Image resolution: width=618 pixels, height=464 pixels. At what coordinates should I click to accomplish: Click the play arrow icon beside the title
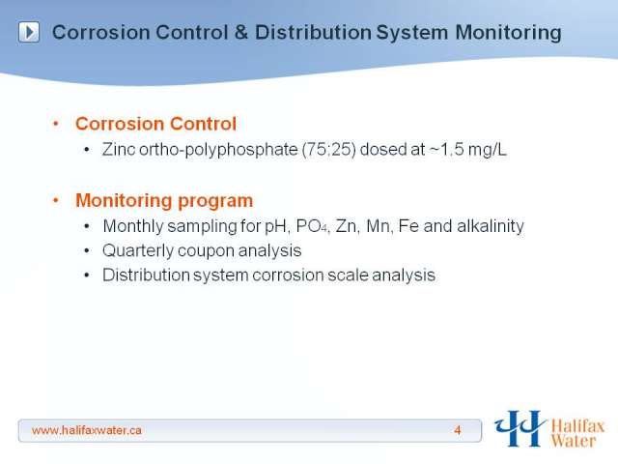(x=29, y=32)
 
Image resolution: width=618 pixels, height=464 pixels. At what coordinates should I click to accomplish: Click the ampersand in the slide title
(x=241, y=32)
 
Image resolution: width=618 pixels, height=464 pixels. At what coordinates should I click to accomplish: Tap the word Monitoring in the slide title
(x=508, y=33)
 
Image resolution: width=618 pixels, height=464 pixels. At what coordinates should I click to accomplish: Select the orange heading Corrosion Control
(x=155, y=124)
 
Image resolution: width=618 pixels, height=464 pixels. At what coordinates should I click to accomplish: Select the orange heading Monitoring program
(x=164, y=201)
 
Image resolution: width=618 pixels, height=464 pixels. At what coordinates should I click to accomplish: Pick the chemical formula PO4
(x=311, y=226)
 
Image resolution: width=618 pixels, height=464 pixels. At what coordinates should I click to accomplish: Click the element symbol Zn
(x=346, y=226)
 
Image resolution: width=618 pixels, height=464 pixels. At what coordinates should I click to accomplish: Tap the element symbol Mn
(x=378, y=226)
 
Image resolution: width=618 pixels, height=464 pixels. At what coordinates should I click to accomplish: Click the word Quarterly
(x=138, y=251)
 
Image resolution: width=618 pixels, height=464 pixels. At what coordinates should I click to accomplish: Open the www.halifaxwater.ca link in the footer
(x=86, y=430)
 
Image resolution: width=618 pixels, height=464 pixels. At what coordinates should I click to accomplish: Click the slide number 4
(x=457, y=430)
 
